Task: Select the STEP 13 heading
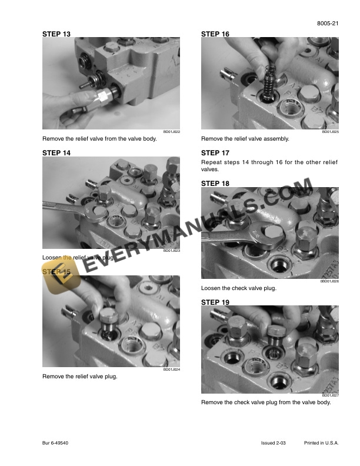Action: point(56,35)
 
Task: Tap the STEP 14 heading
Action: point(56,152)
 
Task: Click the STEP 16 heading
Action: point(215,35)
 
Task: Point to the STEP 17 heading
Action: point(215,152)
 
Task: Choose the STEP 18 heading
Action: point(215,184)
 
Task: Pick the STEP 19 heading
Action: point(215,302)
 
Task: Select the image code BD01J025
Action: point(330,132)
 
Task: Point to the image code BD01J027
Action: point(330,396)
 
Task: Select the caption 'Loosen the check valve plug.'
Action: point(239,288)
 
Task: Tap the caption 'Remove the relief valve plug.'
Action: point(80,377)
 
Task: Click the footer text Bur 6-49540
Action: point(57,442)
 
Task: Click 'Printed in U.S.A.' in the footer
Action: point(322,442)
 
